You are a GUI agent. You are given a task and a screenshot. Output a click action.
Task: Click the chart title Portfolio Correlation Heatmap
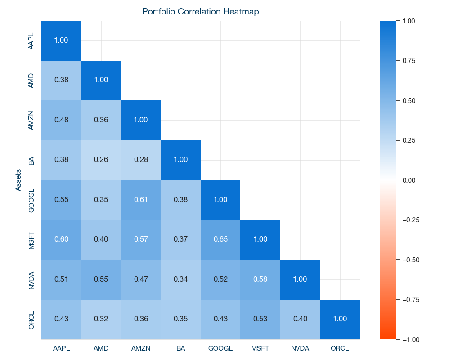(201, 12)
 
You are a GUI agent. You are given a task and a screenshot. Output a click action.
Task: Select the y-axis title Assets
(18, 180)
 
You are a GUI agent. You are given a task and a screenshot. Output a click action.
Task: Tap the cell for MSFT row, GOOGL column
(220, 239)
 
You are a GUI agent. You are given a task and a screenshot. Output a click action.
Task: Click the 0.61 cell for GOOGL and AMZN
(141, 200)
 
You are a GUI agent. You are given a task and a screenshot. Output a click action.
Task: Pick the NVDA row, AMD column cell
(101, 279)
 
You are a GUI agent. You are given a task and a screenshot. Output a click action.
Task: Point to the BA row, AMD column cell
(101, 160)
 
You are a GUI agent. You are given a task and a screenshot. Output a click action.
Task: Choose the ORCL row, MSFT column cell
(260, 319)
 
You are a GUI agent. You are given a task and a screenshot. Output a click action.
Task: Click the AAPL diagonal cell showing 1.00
(61, 40)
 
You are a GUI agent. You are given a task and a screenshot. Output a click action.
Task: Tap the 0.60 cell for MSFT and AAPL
(61, 239)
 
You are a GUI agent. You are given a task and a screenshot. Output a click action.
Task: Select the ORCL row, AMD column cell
(101, 319)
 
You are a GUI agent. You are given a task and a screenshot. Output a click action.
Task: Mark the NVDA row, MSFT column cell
(260, 279)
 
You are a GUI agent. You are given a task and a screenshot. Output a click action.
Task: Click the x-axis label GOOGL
(220, 348)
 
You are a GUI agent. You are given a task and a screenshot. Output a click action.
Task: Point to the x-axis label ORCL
(340, 348)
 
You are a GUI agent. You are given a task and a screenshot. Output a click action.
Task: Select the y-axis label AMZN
(31, 120)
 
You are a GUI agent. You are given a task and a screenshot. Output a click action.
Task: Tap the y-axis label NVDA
(31, 279)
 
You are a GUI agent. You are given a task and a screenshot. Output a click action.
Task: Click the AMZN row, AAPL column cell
(61, 120)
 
